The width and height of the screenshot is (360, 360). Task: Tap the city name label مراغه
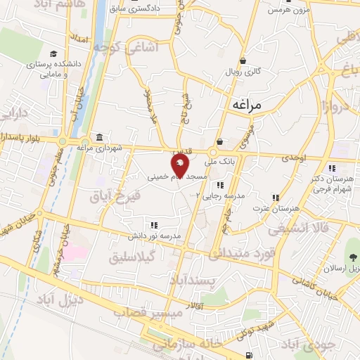pos(245,105)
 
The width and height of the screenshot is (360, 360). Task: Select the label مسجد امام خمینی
pos(175,179)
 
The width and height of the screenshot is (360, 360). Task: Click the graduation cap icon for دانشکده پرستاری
pos(53,53)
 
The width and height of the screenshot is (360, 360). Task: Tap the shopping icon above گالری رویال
pos(243,60)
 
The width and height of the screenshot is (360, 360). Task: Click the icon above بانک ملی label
pos(220,141)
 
